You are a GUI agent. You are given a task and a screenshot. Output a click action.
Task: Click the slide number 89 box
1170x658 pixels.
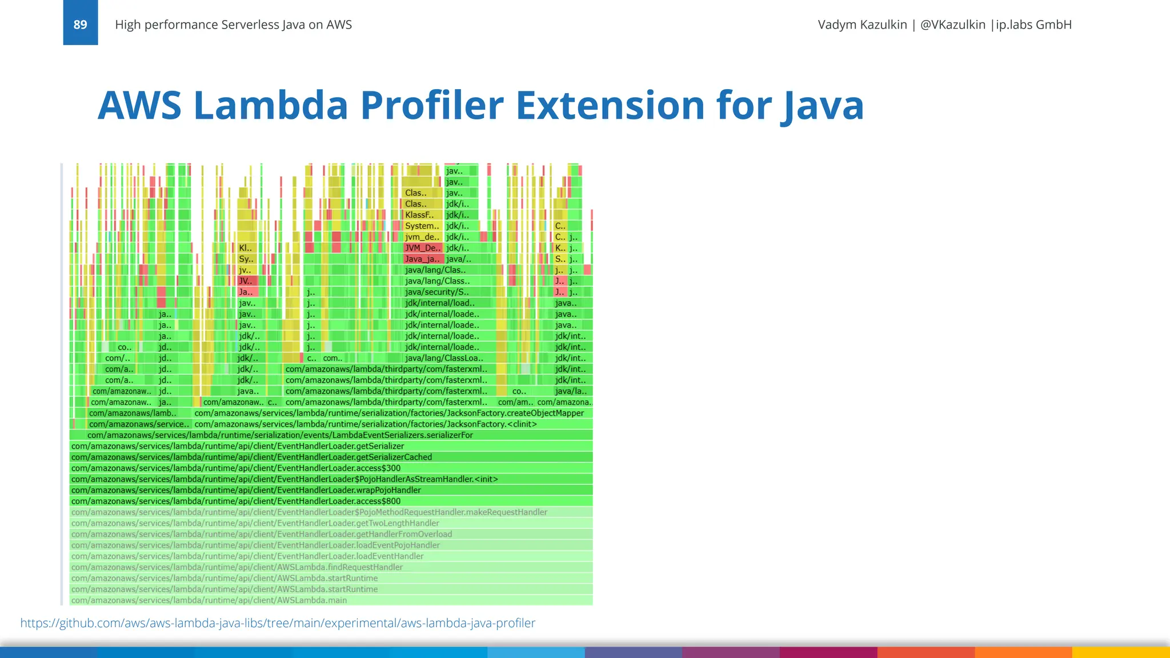80,24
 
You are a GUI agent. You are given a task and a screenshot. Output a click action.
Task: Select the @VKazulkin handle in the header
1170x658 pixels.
952,25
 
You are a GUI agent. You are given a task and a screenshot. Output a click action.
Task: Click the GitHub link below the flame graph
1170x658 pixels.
278,623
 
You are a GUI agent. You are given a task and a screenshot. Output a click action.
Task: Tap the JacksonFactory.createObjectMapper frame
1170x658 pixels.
389,413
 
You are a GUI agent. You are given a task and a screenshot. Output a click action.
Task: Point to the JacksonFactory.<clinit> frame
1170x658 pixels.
366,424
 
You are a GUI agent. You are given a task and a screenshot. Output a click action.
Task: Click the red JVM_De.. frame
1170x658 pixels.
423,248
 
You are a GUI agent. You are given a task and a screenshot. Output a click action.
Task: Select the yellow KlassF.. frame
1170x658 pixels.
423,215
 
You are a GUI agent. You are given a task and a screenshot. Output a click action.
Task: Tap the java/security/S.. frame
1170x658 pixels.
437,292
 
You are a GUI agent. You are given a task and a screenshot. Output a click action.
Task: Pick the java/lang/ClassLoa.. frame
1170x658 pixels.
444,358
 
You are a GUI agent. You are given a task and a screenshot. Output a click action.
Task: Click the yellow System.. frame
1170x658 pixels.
423,226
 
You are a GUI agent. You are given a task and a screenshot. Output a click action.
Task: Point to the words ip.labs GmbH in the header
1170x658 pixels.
1034,25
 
